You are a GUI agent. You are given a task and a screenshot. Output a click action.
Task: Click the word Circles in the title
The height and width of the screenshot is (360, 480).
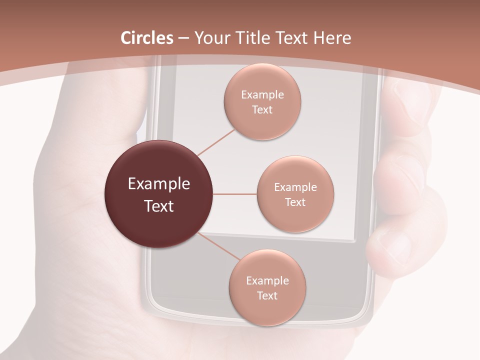point(147,38)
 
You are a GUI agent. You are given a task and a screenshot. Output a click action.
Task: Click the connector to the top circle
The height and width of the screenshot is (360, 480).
point(216,142)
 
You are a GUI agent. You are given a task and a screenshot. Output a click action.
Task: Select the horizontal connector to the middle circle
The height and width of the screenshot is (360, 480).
point(234,194)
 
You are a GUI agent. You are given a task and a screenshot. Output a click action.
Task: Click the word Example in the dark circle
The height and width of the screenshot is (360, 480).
point(159,183)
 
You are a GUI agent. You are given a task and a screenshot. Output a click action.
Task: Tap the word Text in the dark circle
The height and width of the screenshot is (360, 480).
point(159,205)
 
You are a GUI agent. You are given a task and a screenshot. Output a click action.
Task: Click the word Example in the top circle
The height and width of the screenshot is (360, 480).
point(262,94)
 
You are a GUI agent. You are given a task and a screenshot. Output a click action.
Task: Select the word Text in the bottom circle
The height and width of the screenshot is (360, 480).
point(267,295)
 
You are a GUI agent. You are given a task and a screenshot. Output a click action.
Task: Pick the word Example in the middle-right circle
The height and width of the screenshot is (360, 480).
point(295,187)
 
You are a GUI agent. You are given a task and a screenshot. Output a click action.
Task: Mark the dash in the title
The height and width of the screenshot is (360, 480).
point(183,38)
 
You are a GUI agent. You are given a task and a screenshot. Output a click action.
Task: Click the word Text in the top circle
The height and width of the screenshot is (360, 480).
point(262,109)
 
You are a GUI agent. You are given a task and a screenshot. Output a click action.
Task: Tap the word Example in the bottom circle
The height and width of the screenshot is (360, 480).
point(267,280)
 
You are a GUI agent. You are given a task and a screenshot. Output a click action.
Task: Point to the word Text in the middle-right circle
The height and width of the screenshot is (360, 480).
point(295,202)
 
